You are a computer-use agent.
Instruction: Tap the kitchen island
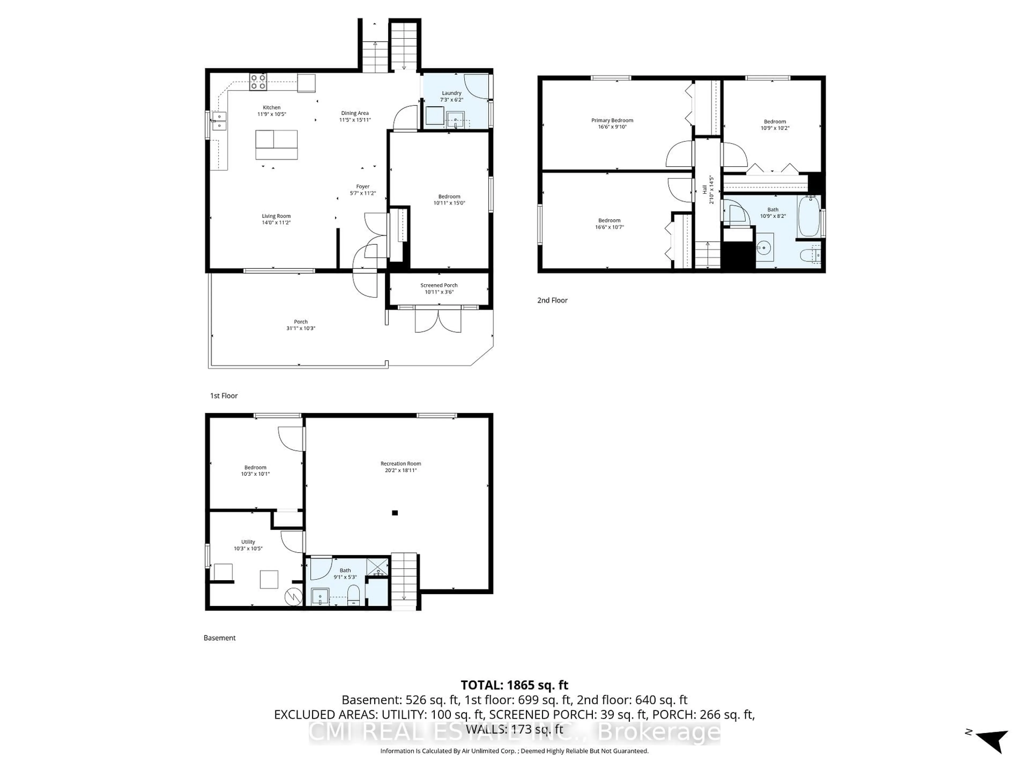pos(276,145)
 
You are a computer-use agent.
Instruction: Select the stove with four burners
pos(258,82)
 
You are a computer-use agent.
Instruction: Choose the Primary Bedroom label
pos(612,120)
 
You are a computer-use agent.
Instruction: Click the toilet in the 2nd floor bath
pos(810,255)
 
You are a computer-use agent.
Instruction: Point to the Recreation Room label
pos(401,463)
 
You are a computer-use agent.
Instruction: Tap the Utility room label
pos(248,542)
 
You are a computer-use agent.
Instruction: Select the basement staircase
pos(404,579)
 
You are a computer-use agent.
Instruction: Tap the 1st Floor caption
pos(224,396)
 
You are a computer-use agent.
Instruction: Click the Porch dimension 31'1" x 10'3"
pos(300,328)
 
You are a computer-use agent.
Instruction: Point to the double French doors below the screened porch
pos(438,321)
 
